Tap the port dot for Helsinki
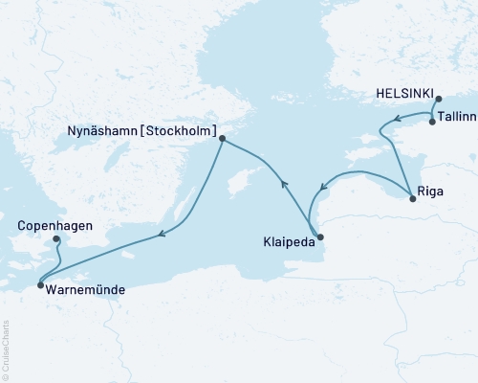[438, 99]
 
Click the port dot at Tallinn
[432, 122]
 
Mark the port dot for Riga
[412, 198]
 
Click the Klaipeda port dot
[319, 237]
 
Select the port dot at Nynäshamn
[222, 139]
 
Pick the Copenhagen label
[54, 227]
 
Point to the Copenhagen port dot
[56, 239]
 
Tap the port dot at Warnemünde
[39, 284]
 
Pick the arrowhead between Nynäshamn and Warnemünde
[163, 234]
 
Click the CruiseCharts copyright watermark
[6, 349]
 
